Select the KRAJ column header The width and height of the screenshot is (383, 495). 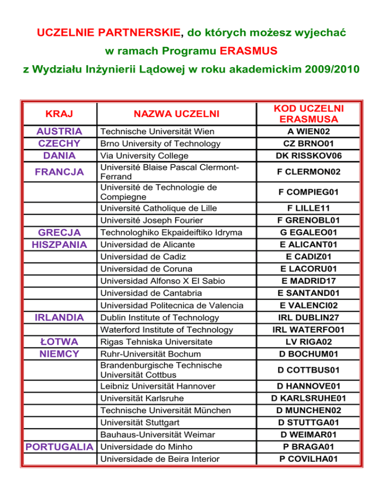point(59,114)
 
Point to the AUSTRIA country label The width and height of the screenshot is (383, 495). point(59,131)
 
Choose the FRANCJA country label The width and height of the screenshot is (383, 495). point(59,172)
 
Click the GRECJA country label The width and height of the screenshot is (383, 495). point(59,233)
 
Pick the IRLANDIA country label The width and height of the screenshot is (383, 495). point(59,317)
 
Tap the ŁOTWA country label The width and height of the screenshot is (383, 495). point(59,342)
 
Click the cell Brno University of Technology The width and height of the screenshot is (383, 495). point(160,144)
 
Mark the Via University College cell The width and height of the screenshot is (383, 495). point(147,156)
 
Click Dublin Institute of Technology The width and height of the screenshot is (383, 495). point(160,317)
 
